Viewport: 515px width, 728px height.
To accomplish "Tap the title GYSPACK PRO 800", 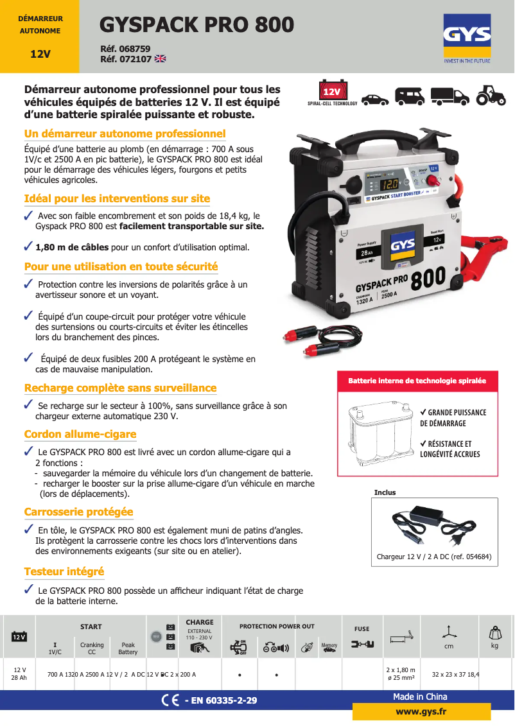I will pyautogui.click(x=197, y=24).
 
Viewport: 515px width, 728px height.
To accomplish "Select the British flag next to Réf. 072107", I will pyautogui.click(x=160, y=59).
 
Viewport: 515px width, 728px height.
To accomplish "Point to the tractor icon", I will pyautogui.click(x=490, y=96).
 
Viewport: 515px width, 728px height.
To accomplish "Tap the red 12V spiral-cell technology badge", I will pyautogui.click(x=332, y=91).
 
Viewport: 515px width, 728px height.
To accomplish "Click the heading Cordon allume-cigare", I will pyautogui.click(x=80, y=435).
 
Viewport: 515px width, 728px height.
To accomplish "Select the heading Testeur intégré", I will pyautogui.click(x=64, y=571).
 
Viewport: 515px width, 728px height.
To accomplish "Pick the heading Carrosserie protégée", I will pyautogui.click(x=79, y=512).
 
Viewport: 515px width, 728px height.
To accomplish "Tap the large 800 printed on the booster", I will pyautogui.click(x=427, y=278).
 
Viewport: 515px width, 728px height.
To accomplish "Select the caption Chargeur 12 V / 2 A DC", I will pyautogui.click(x=434, y=557).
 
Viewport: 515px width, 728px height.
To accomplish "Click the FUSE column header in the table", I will pyautogui.click(x=362, y=629).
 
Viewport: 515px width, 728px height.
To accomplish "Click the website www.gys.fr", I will pyautogui.click(x=421, y=711).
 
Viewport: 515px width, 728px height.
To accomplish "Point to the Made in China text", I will pyautogui.click(x=420, y=697).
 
